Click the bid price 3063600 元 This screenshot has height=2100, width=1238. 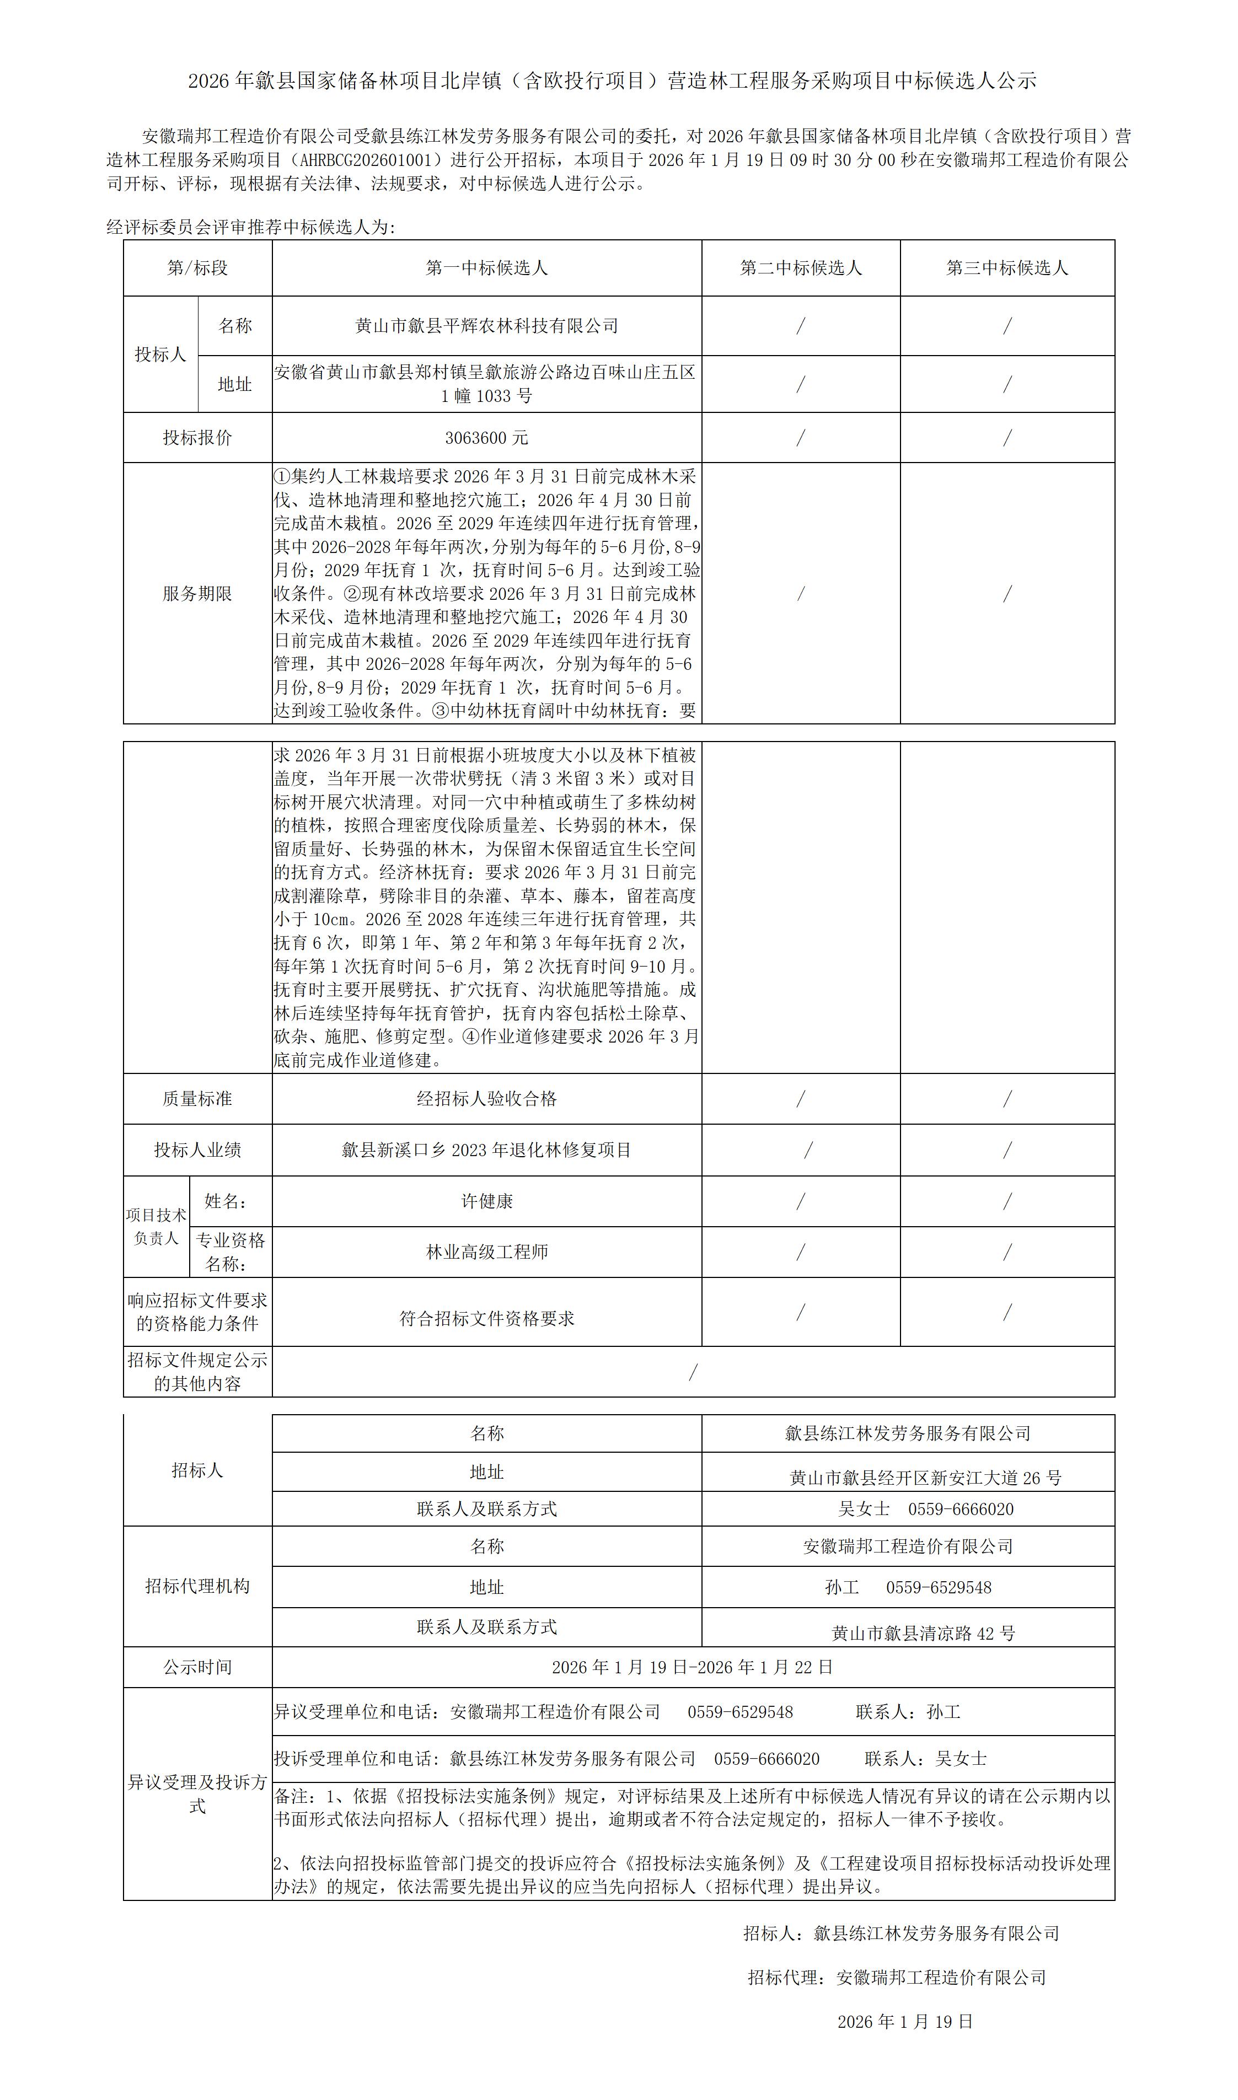(x=486, y=438)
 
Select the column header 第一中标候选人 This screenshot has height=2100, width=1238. (x=486, y=268)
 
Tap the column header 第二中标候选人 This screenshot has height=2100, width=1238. (x=801, y=268)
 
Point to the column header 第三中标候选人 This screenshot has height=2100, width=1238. (x=1007, y=268)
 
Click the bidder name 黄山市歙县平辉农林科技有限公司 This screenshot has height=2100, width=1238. (x=486, y=326)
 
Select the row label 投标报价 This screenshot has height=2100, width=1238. (x=198, y=438)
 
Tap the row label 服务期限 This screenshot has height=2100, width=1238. (x=198, y=594)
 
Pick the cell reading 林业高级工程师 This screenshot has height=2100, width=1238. (x=486, y=1252)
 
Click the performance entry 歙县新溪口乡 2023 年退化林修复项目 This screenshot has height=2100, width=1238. (x=486, y=1150)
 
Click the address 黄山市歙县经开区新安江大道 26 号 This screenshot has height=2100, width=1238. (x=925, y=1478)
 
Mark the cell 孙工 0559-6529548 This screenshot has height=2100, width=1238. (x=908, y=1587)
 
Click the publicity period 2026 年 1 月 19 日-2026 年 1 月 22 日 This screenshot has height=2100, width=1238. (x=693, y=1667)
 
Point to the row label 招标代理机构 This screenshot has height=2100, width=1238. (x=198, y=1586)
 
